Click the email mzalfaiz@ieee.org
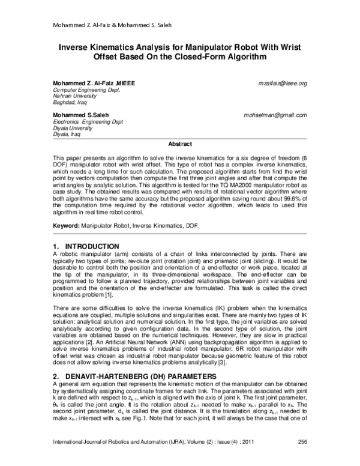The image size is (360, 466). pos(282,83)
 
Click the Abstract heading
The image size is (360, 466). pos(180,144)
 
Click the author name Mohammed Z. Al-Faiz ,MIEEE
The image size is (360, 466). pos(94,83)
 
